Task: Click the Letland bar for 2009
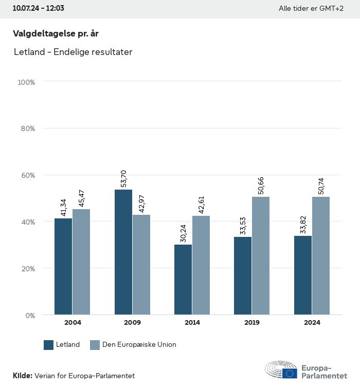123,252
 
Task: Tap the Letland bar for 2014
183,280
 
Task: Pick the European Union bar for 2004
81,262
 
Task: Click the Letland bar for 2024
303,275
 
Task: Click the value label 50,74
321,184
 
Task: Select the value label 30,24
183,232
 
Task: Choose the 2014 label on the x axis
192,323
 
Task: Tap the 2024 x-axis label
312,323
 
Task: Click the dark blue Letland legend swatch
49,345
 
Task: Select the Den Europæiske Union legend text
139,345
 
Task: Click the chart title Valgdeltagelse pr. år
56,34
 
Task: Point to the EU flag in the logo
289,373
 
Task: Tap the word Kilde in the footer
23,376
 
